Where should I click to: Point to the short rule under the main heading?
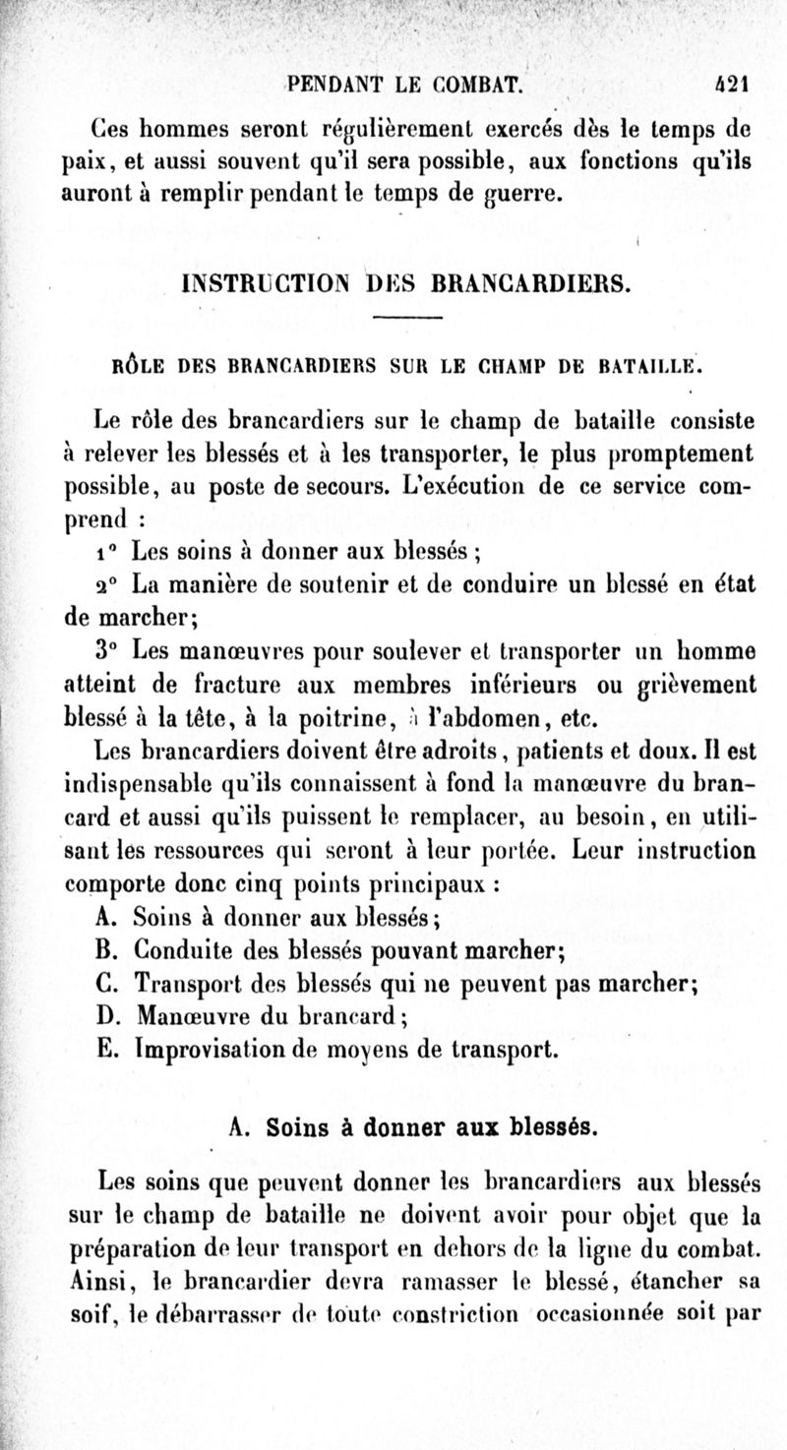pos(408,318)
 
